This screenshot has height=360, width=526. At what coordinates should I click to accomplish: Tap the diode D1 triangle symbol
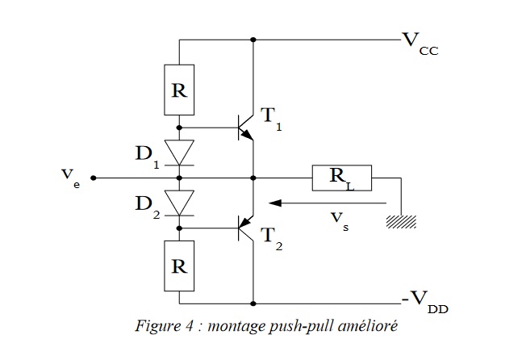[179, 151]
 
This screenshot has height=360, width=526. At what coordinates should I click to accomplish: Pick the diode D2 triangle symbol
[179, 203]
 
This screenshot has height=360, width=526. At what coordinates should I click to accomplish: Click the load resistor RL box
[341, 178]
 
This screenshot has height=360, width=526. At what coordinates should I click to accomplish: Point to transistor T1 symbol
[244, 128]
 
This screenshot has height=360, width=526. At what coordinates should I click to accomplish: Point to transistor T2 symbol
[244, 229]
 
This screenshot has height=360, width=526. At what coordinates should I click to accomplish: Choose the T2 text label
[270, 239]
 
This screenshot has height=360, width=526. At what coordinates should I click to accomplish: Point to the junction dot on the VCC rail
[253, 39]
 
